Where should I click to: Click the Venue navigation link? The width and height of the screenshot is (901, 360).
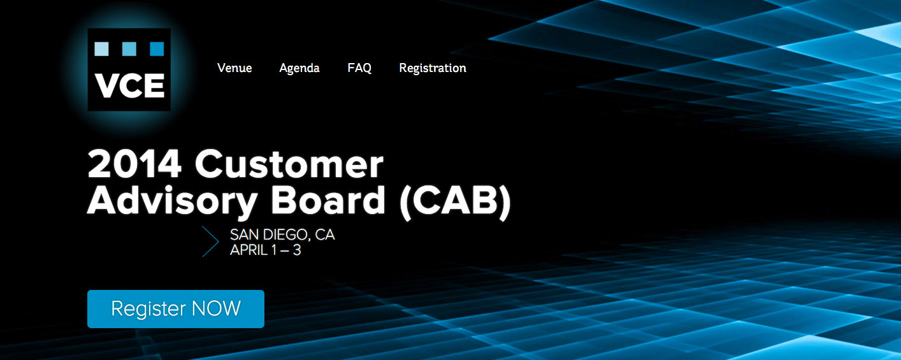pyautogui.click(x=234, y=68)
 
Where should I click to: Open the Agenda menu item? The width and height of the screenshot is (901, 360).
pyautogui.click(x=299, y=69)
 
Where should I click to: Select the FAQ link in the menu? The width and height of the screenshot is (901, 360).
pyautogui.click(x=359, y=68)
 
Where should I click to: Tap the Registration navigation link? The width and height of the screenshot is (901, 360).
pyautogui.click(x=433, y=69)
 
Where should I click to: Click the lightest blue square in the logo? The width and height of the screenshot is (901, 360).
pyautogui.click(x=101, y=48)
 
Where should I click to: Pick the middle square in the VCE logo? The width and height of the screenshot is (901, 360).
pyautogui.click(x=129, y=48)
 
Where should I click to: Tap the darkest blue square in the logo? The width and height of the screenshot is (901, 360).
pyautogui.click(x=157, y=48)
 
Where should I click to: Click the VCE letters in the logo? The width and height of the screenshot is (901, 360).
pyautogui.click(x=129, y=85)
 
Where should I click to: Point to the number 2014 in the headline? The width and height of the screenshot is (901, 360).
pyautogui.click(x=134, y=164)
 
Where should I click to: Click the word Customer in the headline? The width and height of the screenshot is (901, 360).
pyautogui.click(x=289, y=164)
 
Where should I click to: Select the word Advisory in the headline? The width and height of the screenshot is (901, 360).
pyautogui.click(x=172, y=201)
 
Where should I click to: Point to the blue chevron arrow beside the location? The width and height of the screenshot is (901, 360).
pyautogui.click(x=211, y=241)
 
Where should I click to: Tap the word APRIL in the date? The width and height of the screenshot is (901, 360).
pyautogui.click(x=249, y=250)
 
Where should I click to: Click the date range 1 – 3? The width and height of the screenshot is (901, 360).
pyautogui.click(x=286, y=250)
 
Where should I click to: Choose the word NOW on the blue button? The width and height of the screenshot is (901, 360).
pyautogui.click(x=216, y=308)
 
